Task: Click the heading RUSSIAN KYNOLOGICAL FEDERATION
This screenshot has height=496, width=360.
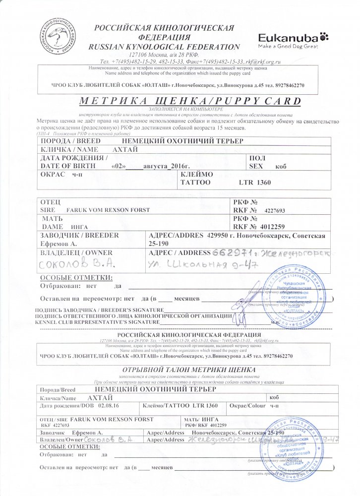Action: click(x=164, y=46)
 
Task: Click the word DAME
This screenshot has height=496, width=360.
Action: click(x=53, y=227)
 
